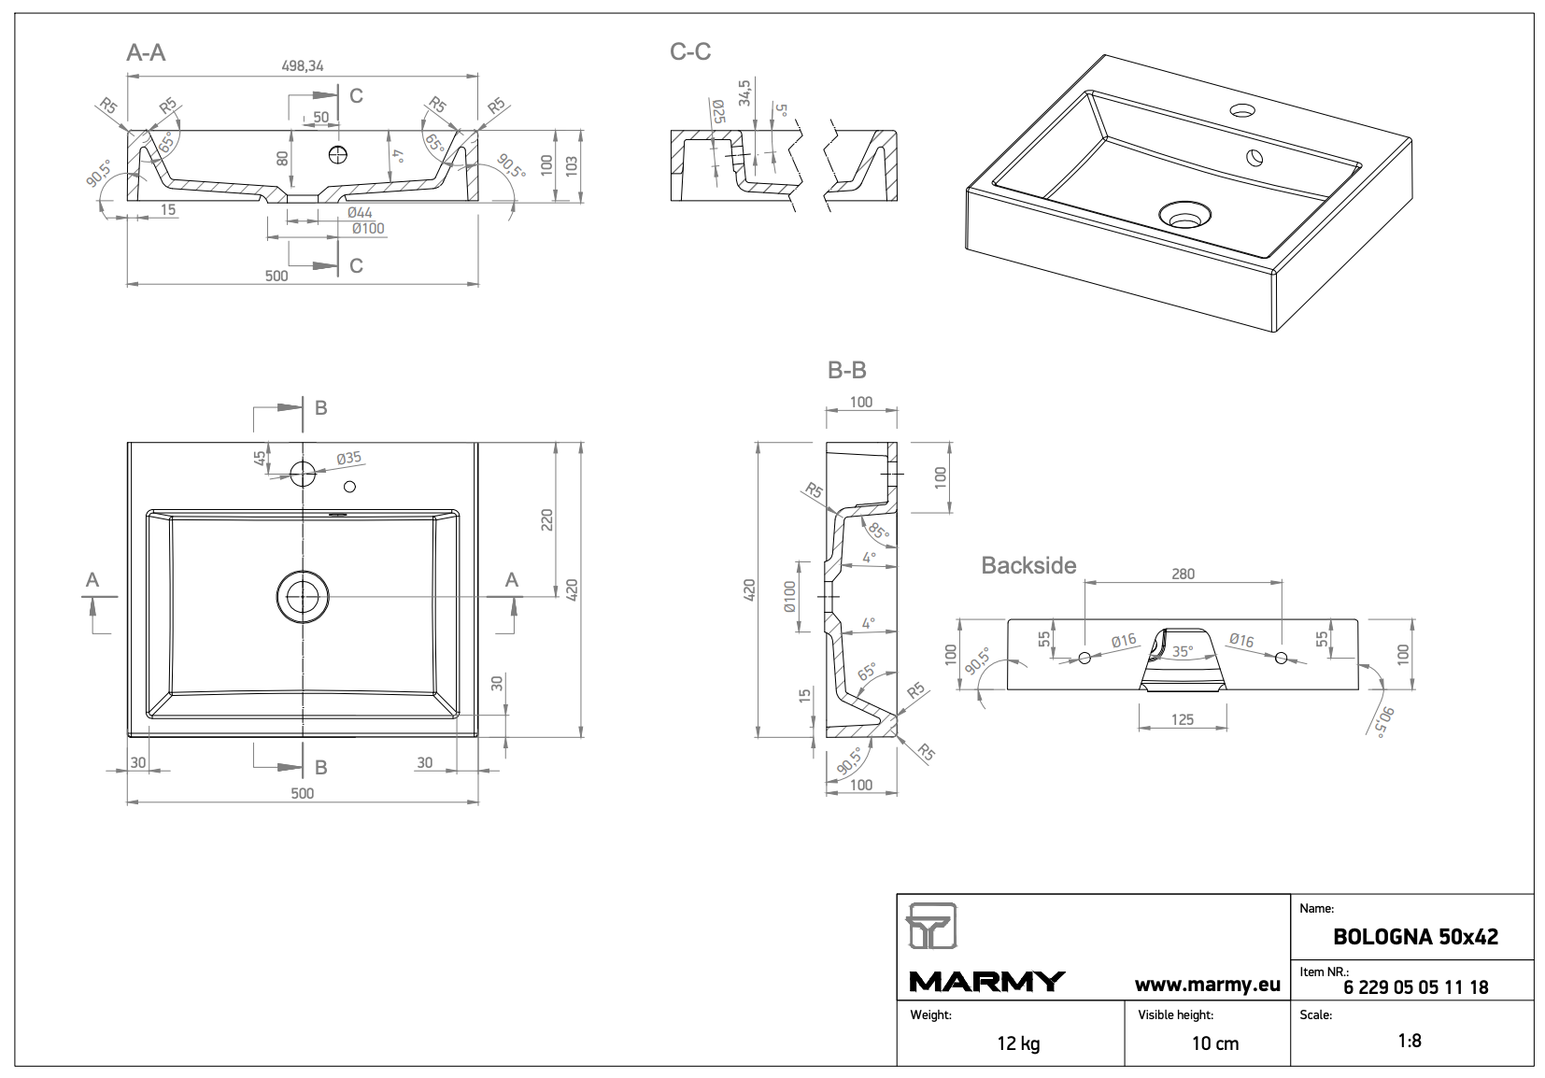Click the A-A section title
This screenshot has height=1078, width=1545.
tap(146, 52)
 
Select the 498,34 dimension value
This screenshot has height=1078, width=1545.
tap(303, 65)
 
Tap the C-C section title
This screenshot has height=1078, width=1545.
tap(690, 52)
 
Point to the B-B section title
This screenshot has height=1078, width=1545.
tap(846, 371)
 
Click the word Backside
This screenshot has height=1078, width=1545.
tap(1028, 565)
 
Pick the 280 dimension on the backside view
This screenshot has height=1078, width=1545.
tap(1183, 574)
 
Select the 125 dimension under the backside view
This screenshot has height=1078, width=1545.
tap(1183, 719)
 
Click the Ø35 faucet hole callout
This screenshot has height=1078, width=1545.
tap(348, 459)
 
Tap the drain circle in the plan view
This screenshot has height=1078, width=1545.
tap(303, 596)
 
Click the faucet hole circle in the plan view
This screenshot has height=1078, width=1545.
tap(303, 473)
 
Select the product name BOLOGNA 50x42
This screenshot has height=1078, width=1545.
tap(1415, 937)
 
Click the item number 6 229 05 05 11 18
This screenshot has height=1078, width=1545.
tap(1415, 987)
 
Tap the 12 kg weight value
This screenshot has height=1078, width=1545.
tap(1018, 1043)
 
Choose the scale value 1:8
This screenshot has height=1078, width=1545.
tap(1410, 1041)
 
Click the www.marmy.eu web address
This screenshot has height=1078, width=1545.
tap(1207, 984)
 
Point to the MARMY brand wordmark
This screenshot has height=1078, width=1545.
tap(986, 982)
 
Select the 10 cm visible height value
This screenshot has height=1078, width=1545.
tap(1214, 1043)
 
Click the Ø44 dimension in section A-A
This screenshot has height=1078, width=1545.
tap(361, 214)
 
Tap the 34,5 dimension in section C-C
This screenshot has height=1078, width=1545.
tap(744, 92)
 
